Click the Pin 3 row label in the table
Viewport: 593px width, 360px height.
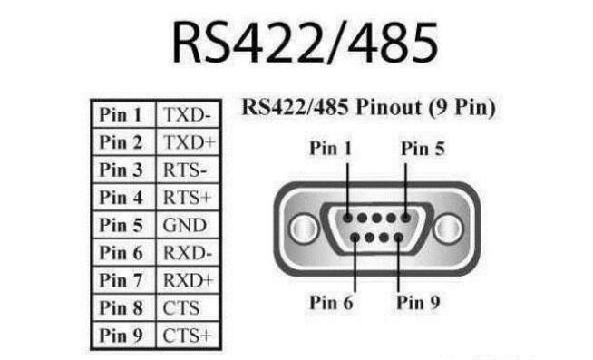coord(122,170)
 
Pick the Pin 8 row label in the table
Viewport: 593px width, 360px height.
coord(122,308)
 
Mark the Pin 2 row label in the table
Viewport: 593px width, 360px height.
coord(122,142)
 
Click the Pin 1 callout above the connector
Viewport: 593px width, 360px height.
coord(330,147)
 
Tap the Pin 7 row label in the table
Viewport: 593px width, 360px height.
coord(122,280)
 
